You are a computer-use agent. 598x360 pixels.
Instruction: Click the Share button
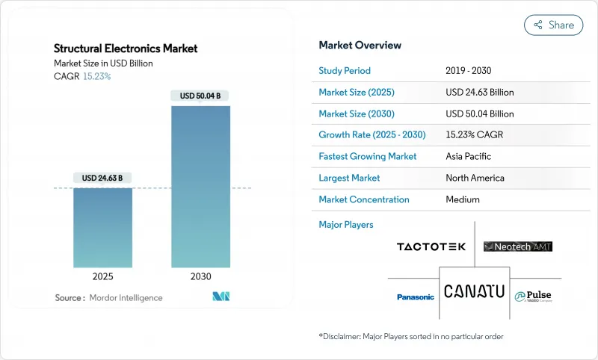click(x=554, y=25)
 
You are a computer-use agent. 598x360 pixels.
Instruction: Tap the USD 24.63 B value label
click(x=103, y=178)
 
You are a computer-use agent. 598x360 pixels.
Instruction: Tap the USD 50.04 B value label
click(x=200, y=96)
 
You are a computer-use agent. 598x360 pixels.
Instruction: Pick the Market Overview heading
click(x=360, y=45)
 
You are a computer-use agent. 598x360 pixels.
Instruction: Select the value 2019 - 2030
click(x=468, y=71)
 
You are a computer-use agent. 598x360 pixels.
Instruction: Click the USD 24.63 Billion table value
click(x=479, y=93)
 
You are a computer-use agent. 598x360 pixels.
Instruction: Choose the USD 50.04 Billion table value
click(x=479, y=114)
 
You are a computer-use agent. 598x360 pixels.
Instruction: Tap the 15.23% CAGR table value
click(x=473, y=135)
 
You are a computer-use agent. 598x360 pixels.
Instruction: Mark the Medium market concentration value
click(x=462, y=199)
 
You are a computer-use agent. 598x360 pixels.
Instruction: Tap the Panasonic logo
click(x=415, y=297)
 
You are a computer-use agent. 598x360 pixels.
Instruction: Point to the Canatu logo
click(x=474, y=291)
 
